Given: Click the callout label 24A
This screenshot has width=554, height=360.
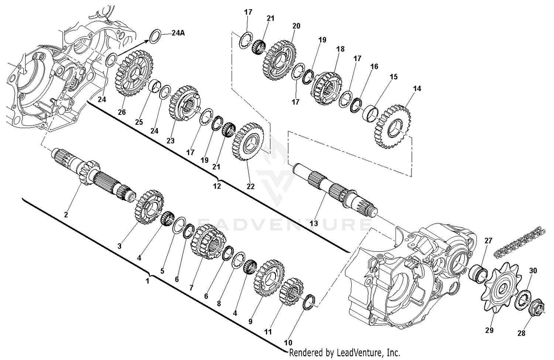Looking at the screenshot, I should click(x=178, y=33).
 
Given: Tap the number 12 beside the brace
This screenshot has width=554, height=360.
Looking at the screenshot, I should click(x=217, y=186).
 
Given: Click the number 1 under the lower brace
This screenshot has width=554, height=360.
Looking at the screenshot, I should click(x=147, y=281).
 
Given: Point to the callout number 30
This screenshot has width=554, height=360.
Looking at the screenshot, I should click(x=533, y=270).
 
